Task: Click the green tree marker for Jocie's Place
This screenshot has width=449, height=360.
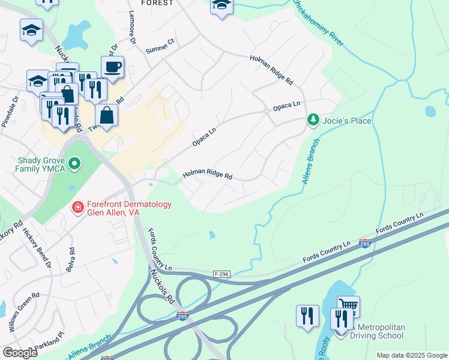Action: click(x=312, y=121)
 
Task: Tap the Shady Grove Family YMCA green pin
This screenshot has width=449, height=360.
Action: click(x=74, y=163)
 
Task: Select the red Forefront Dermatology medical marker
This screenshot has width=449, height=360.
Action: click(x=77, y=208)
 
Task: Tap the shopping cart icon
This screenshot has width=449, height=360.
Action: click(x=348, y=307)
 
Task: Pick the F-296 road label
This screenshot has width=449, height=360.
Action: click(x=221, y=274)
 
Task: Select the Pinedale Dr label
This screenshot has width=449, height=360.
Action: click(x=10, y=110)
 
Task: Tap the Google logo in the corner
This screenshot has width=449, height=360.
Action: click(x=20, y=353)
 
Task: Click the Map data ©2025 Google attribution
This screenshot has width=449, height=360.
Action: click(x=412, y=355)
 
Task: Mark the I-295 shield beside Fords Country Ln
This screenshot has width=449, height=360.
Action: click(x=364, y=243)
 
